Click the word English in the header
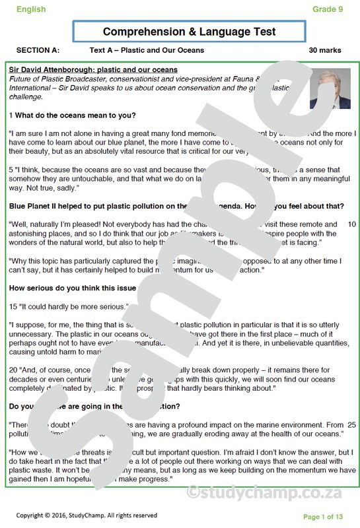click(31, 9)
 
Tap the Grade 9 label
click(328, 9)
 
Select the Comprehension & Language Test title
click(189, 32)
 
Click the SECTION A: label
click(38, 50)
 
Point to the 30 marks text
click(325, 50)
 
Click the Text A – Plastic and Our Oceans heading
click(147, 50)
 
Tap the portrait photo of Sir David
click(330, 88)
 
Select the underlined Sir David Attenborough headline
click(93, 70)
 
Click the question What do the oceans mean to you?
click(75, 115)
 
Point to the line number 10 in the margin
click(351, 224)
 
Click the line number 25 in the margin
click(351, 424)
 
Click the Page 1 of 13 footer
click(323, 516)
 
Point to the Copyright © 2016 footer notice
click(87, 515)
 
